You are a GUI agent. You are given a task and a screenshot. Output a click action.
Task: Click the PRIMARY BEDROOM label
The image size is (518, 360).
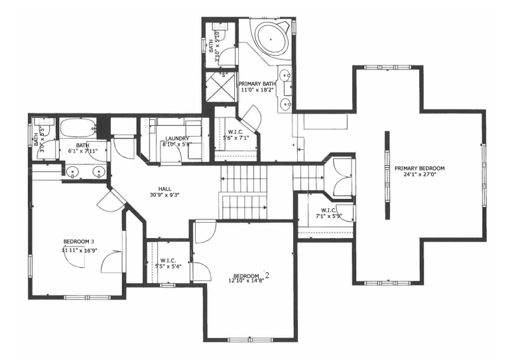tap(419, 168)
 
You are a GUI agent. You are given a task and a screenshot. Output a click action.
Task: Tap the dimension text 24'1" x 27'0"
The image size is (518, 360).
tap(419, 175)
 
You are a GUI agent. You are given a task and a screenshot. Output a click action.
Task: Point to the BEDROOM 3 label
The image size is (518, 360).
tap(79, 241)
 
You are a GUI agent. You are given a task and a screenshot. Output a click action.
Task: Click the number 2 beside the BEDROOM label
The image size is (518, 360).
tap(267, 274)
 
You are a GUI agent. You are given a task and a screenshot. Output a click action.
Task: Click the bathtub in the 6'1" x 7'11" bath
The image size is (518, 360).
tap(78, 127)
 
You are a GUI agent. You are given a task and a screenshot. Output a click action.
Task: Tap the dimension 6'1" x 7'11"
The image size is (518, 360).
tap(82, 150)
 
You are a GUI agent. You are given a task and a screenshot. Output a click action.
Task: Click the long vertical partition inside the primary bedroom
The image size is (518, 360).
tap(387, 175)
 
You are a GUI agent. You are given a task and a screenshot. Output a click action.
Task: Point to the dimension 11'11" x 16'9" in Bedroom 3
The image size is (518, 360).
tap(79, 250)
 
